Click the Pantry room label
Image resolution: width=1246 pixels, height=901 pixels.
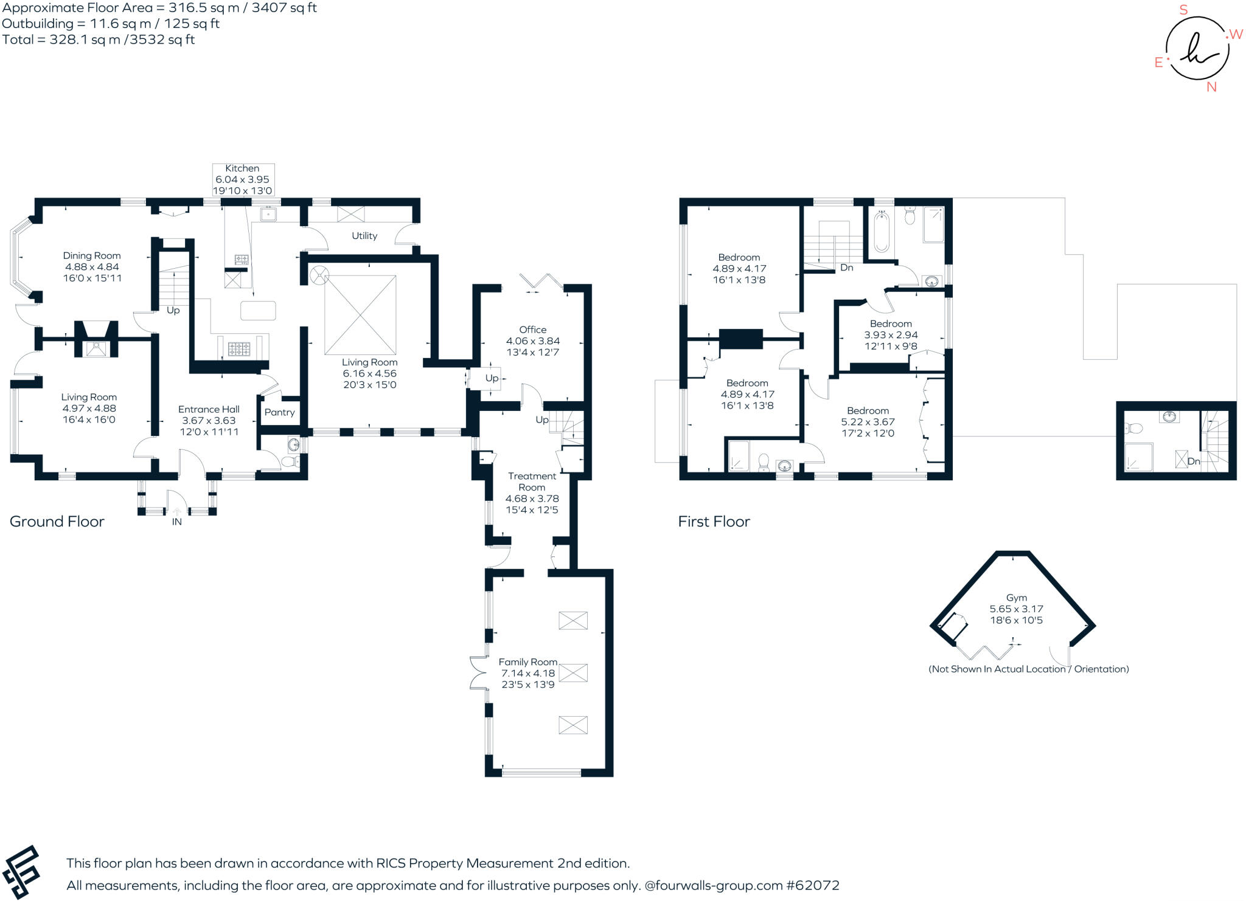pyautogui.click(x=279, y=412)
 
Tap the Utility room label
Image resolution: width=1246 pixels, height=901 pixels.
pyautogui.click(x=364, y=236)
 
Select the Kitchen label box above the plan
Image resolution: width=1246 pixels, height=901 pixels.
pyautogui.click(x=243, y=179)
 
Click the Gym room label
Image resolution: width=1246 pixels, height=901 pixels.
pyautogui.click(x=1016, y=598)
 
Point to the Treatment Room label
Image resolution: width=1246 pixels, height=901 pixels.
pyautogui.click(x=532, y=482)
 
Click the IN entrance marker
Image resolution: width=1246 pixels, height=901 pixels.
pyautogui.click(x=176, y=522)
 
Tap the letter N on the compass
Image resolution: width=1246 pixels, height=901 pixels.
pyautogui.click(x=1211, y=87)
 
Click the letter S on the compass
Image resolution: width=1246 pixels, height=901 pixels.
pyautogui.click(x=1183, y=10)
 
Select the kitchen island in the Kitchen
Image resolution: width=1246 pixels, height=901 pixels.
pyautogui.click(x=258, y=311)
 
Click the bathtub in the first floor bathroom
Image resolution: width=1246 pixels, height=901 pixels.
pyautogui.click(x=881, y=231)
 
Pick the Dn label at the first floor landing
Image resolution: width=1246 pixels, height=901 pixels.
pyautogui.click(x=846, y=268)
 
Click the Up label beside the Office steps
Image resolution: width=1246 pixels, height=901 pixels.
pyautogui.click(x=492, y=378)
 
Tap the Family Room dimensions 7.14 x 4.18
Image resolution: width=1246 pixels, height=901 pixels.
pyautogui.click(x=527, y=673)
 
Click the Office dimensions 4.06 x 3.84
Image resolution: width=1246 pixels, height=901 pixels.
pyautogui.click(x=532, y=341)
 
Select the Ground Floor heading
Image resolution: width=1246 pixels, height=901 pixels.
pyautogui.click(x=57, y=522)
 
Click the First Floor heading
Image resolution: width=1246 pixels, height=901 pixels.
pyautogui.click(x=714, y=522)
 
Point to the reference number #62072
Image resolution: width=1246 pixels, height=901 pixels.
pyautogui.click(x=813, y=885)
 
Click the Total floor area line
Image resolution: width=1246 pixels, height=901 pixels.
pyautogui.click(x=98, y=40)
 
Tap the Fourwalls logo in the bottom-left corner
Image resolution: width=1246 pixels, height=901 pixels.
pyautogui.click(x=21, y=872)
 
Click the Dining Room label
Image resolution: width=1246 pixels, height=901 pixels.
pyautogui.click(x=92, y=256)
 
